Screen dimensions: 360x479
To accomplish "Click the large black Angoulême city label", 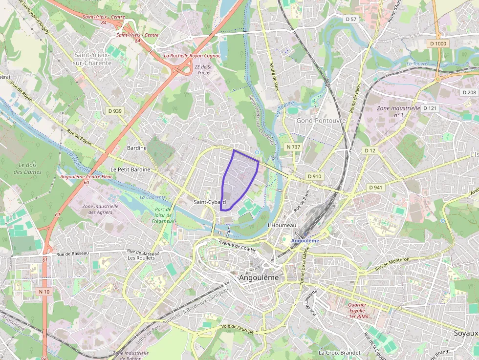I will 259,277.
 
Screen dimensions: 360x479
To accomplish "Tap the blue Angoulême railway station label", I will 305,241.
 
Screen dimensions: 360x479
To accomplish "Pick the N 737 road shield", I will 293,147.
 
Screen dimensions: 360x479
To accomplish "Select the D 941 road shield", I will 375,187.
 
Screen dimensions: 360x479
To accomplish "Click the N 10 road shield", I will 44,292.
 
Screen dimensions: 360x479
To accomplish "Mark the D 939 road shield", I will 114,111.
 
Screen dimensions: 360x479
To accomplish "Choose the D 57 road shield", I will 351,19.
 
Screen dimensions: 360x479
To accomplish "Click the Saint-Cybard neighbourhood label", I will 209,202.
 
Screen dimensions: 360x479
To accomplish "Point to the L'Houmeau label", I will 283,225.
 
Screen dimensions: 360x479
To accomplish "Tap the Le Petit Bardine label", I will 131,169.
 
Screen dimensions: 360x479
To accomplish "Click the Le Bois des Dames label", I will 25,168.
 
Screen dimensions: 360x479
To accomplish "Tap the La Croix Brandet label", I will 339,352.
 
